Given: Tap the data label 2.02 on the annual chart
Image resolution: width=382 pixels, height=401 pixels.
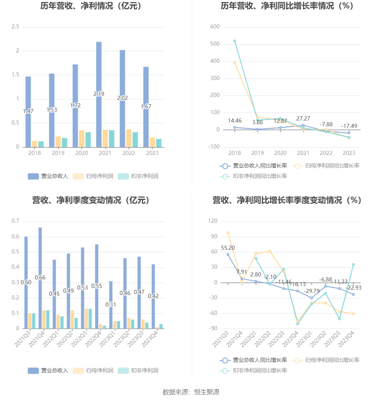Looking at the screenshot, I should tap(122, 98).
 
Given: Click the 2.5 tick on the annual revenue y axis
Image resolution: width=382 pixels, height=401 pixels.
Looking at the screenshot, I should tap(15, 27).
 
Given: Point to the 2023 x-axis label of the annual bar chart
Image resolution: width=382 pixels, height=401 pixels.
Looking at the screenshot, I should tap(152, 153).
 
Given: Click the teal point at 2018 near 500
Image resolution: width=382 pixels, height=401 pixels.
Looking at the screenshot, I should tap(235, 41).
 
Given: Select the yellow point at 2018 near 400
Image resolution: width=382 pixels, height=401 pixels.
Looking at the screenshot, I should tap(235, 63).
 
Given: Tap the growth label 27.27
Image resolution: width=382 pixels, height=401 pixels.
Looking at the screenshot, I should tap(303, 118).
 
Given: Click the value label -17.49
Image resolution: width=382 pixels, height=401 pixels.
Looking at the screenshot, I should tap(349, 126).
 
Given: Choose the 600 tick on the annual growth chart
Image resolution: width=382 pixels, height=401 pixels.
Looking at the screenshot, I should tap(215, 27).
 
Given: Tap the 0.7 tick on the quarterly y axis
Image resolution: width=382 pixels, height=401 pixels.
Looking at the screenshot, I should tap(15, 221).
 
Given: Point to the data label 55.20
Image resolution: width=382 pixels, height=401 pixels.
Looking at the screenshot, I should tap(228, 248).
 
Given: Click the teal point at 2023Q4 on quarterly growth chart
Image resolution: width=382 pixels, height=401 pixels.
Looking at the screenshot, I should tap(353, 265).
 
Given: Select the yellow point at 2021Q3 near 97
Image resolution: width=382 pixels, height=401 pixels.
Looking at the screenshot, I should tap(228, 233).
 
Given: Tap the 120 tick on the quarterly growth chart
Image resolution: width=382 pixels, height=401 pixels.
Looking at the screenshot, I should tap(213, 221).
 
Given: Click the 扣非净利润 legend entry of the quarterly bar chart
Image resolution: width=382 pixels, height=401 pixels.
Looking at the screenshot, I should tap(138, 370).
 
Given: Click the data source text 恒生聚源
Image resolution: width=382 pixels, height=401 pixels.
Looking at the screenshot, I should tap(206, 392).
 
